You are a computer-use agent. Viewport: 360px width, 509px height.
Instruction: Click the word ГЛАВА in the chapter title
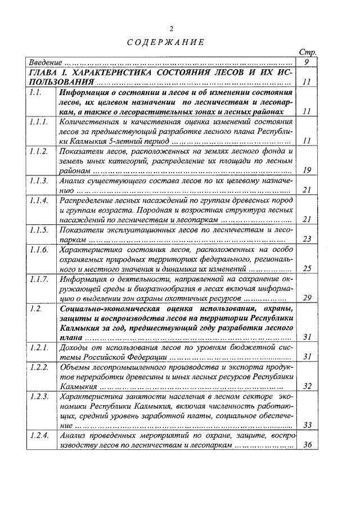pyautogui.click(x=45, y=73)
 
